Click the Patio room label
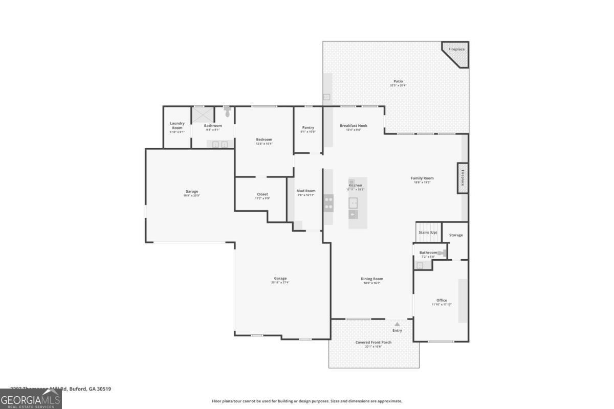[398, 81]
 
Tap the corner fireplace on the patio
[457, 53]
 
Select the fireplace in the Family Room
[463, 177]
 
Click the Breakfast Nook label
[354, 126]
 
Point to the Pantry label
[308, 127]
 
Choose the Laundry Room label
[177, 125]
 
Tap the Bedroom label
[264, 140]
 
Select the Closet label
[262, 194]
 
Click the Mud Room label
[306, 191]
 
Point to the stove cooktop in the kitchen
[328, 202]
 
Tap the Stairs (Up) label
[428, 233]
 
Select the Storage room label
[456, 235]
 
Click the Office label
[442, 301]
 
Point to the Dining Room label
[372, 279]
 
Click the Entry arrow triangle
[397, 324]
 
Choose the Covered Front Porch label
[374, 343]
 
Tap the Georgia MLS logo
[31, 399]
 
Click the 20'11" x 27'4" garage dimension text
[279, 283]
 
